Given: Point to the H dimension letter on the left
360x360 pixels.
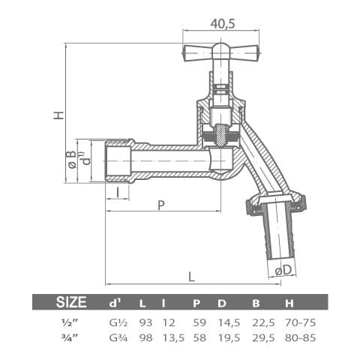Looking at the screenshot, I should (58, 115).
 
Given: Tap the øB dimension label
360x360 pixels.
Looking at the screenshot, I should (70, 158).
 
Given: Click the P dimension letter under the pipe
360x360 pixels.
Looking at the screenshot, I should (160, 204).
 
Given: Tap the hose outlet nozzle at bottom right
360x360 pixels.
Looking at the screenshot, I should (280, 232).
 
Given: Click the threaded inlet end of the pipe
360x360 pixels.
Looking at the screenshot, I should (117, 160).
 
